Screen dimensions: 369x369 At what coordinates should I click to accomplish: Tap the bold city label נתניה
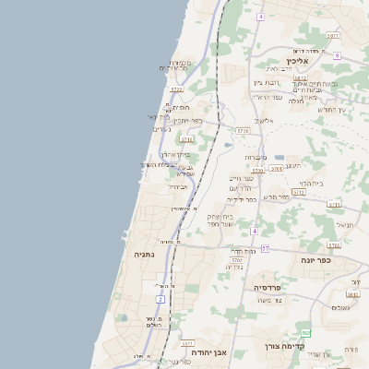pos(144,254)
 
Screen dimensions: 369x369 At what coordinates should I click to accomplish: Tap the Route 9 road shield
pos(338,55)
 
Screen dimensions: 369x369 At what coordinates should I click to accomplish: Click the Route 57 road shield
pos(266,248)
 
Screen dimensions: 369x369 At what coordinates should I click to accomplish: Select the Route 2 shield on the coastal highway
pos(160,299)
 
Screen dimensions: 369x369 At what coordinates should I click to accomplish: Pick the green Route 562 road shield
pos(306,332)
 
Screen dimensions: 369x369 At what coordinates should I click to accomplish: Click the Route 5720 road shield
pos(237,260)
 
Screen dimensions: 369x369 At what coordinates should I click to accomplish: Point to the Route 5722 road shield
pos(176,89)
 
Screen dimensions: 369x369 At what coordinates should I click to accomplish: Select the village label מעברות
pos(256,157)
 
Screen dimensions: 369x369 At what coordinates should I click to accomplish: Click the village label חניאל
pos(345,224)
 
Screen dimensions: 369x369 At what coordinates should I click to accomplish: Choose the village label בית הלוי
pos(312,183)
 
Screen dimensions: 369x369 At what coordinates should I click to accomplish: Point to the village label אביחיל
pos(177,186)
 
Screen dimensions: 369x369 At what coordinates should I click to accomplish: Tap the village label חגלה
pos(296,101)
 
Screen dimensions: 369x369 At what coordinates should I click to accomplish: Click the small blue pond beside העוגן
pos(280,158)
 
